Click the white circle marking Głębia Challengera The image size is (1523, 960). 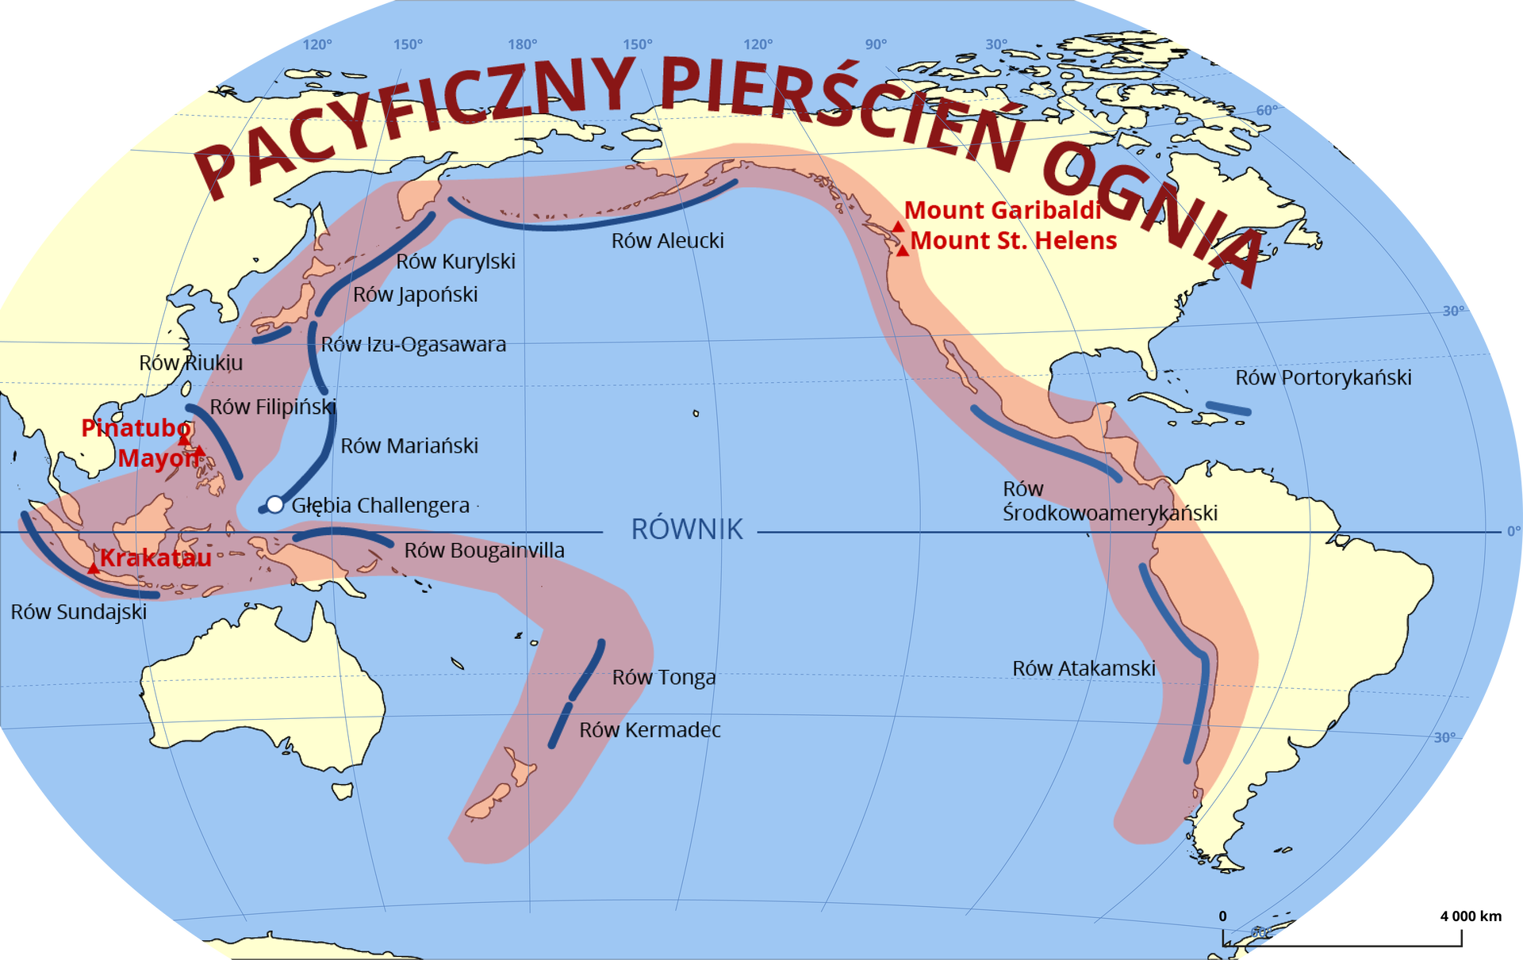pyautogui.click(x=274, y=504)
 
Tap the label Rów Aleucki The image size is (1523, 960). pyautogui.click(x=667, y=241)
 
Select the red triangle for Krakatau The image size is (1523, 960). pyautogui.click(x=94, y=568)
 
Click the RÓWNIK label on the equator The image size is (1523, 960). pyautogui.click(x=687, y=530)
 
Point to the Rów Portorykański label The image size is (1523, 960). pyautogui.click(x=1323, y=378)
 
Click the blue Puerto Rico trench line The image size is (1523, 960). pyautogui.click(x=1228, y=409)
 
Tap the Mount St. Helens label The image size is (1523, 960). pyautogui.click(x=1013, y=241)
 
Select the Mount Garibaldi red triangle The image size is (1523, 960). pyautogui.click(x=898, y=227)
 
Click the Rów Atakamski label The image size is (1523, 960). pyautogui.click(x=1084, y=669)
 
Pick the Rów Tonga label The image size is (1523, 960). pyautogui.click(x=664, y=678)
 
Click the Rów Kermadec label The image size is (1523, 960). pyautogui.click(x=650, y=730)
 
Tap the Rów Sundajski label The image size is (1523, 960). pyautogui.click(x=79, y=612)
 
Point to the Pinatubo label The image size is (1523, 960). pyautogui.click(x=136, y=428)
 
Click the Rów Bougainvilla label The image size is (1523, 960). pyautogui.click(x=484, y=551)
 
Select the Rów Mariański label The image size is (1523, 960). pyautogui.click(x=409, y=446)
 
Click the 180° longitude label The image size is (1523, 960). pyautogui.click(x=523, y=44)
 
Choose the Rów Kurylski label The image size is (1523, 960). pyautogui.click(x=455, y=262)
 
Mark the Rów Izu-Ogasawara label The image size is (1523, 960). pyautogui.click(x=413, y=345)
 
